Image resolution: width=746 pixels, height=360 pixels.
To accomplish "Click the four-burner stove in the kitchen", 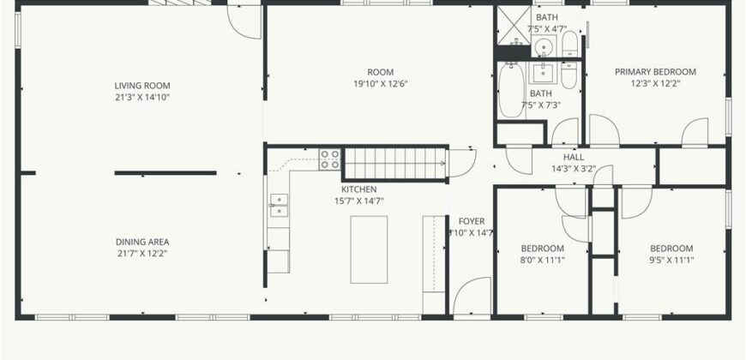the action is click(x=330, y=159).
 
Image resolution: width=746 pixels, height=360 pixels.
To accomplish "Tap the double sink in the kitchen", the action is click(x=279, y=206).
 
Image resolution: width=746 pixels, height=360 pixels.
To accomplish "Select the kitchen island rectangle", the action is click(x=369, y=249).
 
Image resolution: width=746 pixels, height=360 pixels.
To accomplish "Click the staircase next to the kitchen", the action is click(x=395, y=164).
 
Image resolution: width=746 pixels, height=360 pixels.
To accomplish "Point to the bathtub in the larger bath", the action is click(x=511, y=90).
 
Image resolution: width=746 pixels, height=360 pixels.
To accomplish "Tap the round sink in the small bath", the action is click(x=544, y=47).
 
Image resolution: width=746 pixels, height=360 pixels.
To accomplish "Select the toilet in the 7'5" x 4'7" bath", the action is click(x=569, y=44).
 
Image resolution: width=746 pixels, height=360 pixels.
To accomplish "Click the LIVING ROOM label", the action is click(x=142, y=86).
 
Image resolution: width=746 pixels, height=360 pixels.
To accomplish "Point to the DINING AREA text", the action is click(x=142, y=242).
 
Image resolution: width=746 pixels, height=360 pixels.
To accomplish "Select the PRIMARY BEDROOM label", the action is click(x=655, y=72).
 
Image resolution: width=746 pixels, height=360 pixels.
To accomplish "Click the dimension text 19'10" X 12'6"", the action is click(x=380, y=84).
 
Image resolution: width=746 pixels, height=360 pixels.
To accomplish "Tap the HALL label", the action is click(x=574, y=157).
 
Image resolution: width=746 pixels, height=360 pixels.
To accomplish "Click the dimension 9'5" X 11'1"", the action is click(x=671, y=260).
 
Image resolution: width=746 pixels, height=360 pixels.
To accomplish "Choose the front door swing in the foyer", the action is click(x=472, y=296).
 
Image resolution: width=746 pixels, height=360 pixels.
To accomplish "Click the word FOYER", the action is click(x=472, y=221).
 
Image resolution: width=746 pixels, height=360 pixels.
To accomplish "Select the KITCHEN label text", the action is click(x=358, y=189).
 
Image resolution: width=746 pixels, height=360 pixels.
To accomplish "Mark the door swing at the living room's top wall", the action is click(x=244, y=22).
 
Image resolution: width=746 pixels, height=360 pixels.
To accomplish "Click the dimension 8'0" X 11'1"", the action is click(x=543, y=260).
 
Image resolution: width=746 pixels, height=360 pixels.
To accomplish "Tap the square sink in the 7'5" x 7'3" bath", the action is click(x=543, y=73).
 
